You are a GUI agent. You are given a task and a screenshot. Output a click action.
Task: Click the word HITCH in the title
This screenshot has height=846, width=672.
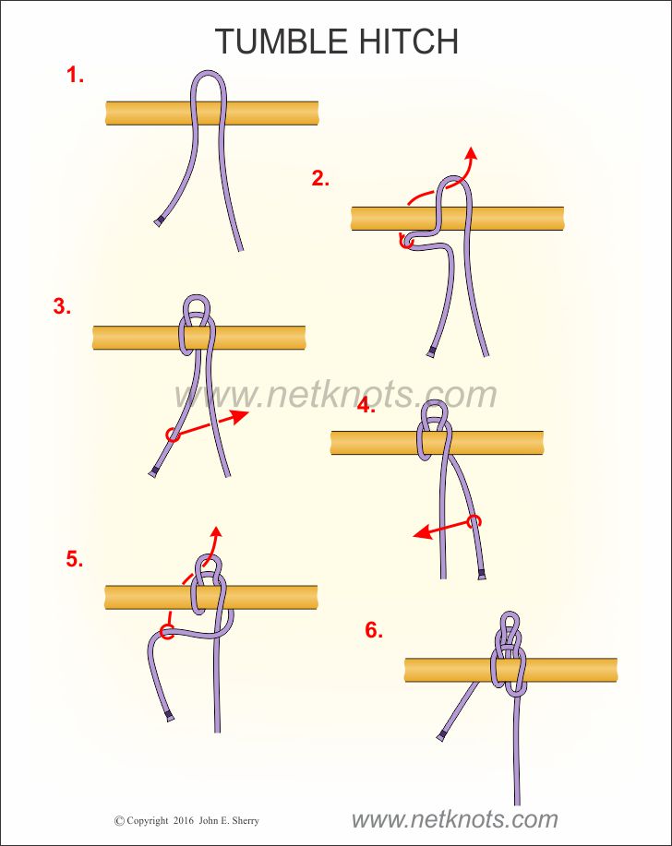pos(409,41)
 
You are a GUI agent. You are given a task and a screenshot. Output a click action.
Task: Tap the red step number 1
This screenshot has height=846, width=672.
pos(75,75)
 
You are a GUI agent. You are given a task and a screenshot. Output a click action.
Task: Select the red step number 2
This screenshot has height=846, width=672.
pos(320,178)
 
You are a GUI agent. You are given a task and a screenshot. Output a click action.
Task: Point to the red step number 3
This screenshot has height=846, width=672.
pos(62,306)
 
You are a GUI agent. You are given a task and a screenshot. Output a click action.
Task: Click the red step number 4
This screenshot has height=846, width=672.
pos(366,405)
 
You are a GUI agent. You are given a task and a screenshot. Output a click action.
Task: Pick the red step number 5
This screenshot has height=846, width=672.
pos(75,559)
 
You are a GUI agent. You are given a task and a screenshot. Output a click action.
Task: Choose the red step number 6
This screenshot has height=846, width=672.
pos(374,629)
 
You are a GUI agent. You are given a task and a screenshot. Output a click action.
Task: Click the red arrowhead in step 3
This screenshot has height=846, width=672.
pos(239,416)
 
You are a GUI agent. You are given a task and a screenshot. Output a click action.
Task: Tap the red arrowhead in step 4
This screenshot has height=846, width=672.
pos(422,532)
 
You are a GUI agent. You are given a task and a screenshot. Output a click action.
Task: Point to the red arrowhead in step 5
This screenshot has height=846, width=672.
pos(216,533)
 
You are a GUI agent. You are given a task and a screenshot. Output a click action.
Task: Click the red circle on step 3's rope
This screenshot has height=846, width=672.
pos(173,435)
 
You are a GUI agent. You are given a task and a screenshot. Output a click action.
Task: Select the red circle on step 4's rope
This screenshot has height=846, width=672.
pos(474,521)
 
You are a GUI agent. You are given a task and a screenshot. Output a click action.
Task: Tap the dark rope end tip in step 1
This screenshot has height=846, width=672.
pos(158,221)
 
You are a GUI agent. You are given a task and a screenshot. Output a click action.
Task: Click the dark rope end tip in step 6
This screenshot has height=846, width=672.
pos(441,736)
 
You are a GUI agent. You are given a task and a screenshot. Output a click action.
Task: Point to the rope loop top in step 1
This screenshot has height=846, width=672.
pos(209,72)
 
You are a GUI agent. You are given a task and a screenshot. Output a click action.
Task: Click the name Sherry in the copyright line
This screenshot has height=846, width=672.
pos(245,821)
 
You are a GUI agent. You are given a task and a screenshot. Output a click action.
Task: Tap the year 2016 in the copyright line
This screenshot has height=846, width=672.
pos(184,821)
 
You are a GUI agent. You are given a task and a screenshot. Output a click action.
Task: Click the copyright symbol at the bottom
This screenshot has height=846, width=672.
pos(119,821)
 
